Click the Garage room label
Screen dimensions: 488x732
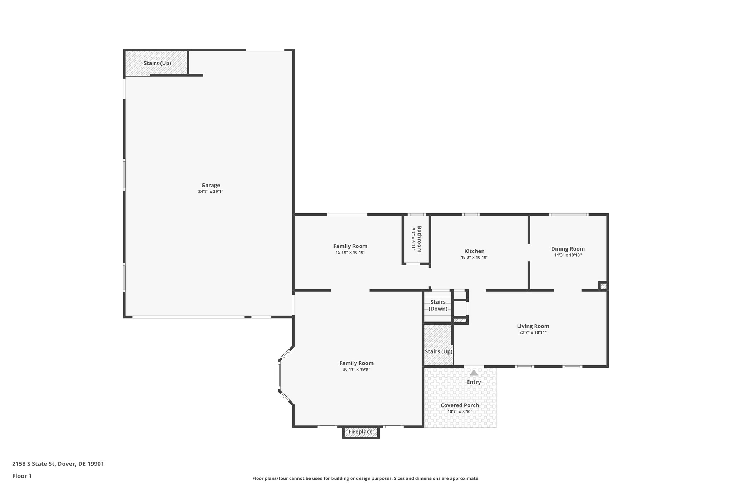(211, 185)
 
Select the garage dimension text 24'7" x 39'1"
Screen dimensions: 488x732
(211, 192)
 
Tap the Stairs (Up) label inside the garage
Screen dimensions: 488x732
(157, 63)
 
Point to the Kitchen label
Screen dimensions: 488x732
(474, 251)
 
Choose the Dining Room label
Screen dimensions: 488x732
(568, 249)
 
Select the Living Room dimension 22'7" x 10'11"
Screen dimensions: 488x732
(533, 332)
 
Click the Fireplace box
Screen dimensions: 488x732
(360, 432)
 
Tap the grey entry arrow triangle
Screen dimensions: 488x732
(474, 373)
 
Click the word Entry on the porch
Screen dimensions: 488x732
(474, 382)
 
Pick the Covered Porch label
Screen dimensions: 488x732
(460, 405)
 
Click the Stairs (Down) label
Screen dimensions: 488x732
(438, 305)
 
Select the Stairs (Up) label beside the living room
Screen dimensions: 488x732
(439, 351)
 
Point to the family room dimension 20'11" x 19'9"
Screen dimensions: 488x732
(356, 369)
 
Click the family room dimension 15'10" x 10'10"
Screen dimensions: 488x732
(350, 252)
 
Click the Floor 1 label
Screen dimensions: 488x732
(22, 476)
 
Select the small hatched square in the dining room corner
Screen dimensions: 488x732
(603, 286)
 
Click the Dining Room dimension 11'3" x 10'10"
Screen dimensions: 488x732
(568, 255)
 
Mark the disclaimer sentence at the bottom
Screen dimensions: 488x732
(366, 478)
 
